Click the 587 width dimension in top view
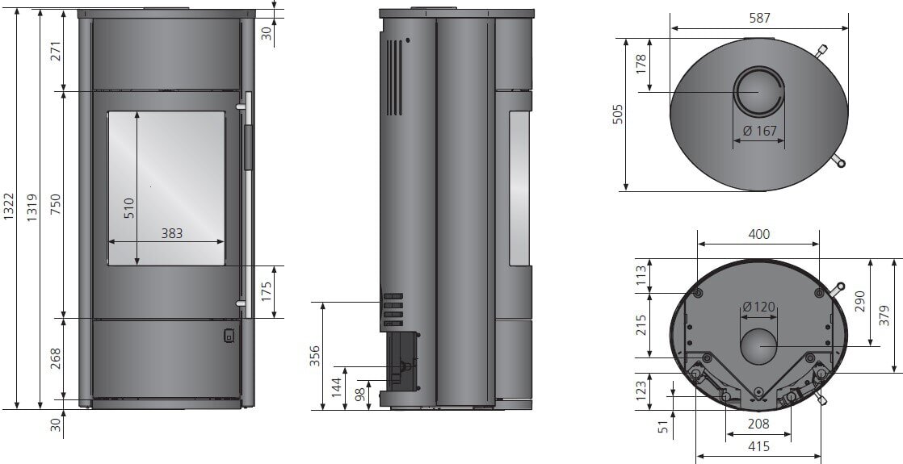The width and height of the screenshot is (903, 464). pyautogui.click(x=758, y=17)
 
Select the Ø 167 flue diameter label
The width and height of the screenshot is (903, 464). pyautogui.click(x=758, y=132)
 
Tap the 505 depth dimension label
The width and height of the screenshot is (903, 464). pyautogui.click(x=618, y=114)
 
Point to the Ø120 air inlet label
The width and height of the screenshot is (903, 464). pyautogui.click(x=758, y=307)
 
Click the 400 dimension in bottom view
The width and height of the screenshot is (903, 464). pyautogui.click(x=758, y=234)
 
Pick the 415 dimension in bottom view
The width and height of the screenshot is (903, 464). pyautogui.click(x=758, y=445)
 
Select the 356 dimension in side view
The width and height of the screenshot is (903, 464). pyautogui.click(x=316, y=355)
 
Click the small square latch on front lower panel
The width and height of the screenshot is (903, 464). pyautogui.click(x=229, y=335)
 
